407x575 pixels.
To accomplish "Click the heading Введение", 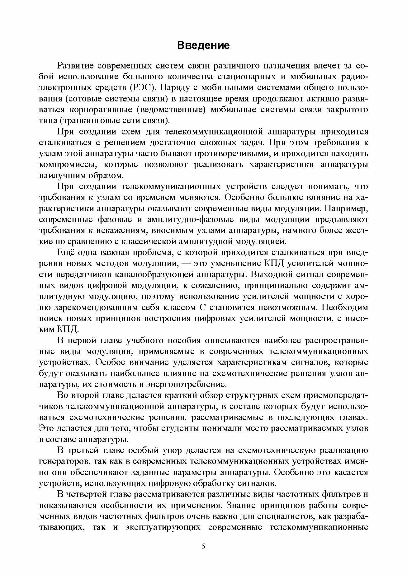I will tap(203, 45).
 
